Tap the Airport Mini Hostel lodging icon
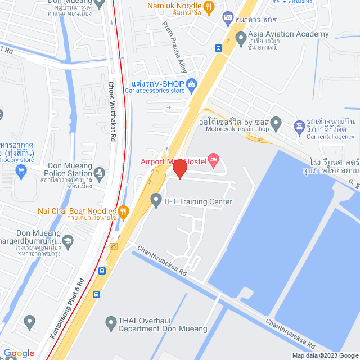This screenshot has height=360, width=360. pos(213,160)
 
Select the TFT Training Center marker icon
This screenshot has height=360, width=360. pos(156,198)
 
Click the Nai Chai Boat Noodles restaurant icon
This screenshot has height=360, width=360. pos(124,211)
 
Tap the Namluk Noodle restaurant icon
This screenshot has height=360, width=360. pos(209,7)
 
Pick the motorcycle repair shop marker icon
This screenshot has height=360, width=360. pos(276,122)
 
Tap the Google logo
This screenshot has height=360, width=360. pos(18,353)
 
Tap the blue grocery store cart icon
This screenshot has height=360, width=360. pos(21,170)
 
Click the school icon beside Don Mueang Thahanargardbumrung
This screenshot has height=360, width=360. pos(67,240)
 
